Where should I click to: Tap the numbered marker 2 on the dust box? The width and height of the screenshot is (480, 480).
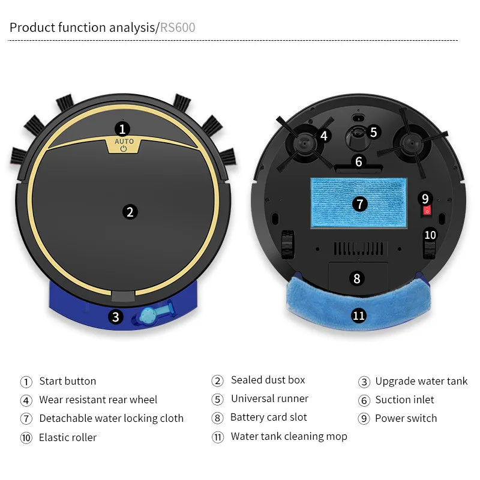click(x=130, y=211)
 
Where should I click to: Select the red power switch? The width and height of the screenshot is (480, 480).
click(x=426, y=209)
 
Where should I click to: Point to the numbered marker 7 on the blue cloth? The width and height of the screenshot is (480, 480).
click(x=359, y=204)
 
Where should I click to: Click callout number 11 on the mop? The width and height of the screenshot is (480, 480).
click(x=359, y=316)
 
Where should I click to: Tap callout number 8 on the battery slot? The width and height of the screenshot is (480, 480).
click(x=357, y=278)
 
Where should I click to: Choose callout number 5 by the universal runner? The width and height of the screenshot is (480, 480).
click(x=373, y=132)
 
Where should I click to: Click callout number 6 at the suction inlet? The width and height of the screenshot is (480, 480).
click(x=359, y=161)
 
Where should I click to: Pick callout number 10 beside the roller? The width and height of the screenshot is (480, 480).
click(x=430, y=235)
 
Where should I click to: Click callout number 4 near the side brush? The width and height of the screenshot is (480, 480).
click(x=324, y=136)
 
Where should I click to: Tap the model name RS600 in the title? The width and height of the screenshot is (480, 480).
click(x=178, y=28)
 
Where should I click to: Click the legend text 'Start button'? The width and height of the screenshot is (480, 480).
click(x=67, y=381)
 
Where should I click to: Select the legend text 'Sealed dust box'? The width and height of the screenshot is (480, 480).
click(x=268, y=380)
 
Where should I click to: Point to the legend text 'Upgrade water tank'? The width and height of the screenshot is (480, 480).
click(x=421, y=381)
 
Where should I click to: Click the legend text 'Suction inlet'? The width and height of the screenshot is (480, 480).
click(x=404, y=400)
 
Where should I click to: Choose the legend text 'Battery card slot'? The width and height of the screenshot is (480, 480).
click(x=268, y=417)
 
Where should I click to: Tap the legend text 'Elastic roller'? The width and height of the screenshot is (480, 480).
click(x=67, y=437)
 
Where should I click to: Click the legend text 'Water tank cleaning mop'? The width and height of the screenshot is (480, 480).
click(x=289, y=436)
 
